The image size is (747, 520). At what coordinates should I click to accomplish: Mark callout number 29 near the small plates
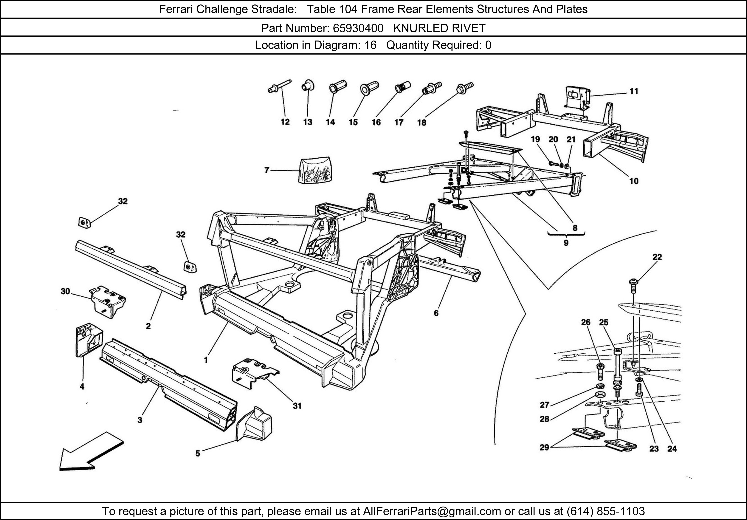(x=544, y=447)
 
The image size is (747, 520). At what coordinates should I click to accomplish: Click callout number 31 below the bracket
(x=297, y=406)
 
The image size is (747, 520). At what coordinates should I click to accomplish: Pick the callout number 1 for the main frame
(x=206, y=360)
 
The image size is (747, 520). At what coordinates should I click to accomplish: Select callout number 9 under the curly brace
(x=566, y=243)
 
